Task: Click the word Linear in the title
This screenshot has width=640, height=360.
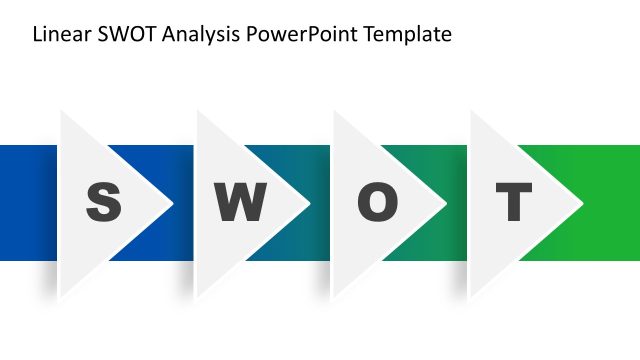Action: coord(57,35)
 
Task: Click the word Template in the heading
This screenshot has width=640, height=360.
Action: coord(407,35)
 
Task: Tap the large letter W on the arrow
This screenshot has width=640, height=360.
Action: coord(240,203)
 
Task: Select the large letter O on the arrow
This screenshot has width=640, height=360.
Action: coord(377,203)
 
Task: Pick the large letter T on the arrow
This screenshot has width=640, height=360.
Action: coord(514,203)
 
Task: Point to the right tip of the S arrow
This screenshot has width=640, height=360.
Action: coord(173,204)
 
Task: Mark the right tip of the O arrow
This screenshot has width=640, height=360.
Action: coord(446,204)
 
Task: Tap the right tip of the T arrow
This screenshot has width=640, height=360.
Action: coord(583,204)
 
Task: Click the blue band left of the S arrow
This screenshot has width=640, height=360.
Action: coord(28,203)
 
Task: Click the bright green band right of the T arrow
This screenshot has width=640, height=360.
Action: coord(612,203)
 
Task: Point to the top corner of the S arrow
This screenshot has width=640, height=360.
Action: coord(61,111)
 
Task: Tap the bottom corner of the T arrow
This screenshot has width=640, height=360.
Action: coord(471,297)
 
